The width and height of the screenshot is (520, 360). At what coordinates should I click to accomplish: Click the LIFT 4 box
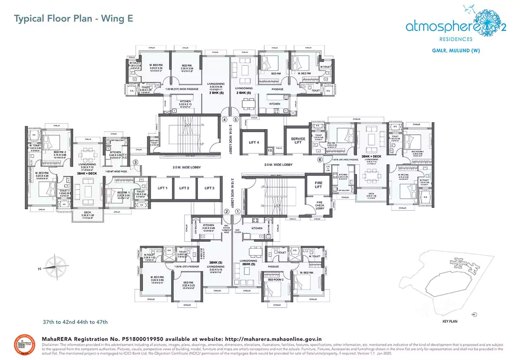coord(254,142)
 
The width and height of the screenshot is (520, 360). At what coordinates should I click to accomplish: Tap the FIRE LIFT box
coord(318,185)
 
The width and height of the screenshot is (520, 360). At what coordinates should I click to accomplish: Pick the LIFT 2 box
coord(184,188)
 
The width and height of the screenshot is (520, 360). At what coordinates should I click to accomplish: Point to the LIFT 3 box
coord(209,188)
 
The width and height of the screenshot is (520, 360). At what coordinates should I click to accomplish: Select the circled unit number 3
coord(136,162)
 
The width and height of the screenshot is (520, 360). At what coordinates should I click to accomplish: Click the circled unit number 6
coord(320,159)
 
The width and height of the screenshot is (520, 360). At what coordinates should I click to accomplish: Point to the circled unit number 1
coord(237,211)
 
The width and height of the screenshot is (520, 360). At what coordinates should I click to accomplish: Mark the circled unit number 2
coord(226,211)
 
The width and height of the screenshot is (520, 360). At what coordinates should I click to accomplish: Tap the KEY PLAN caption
coord(450,321)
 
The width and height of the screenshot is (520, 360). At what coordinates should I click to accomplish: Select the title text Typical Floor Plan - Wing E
coord(74,19)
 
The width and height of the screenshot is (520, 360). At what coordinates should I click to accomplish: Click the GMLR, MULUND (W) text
coord(455,51)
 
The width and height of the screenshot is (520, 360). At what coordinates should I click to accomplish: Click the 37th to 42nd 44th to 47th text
coord(75,322)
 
